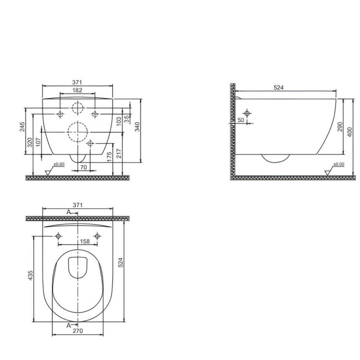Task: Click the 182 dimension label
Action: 77,90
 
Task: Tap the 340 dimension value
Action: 137,127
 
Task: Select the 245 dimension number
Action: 22,127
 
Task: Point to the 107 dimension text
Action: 38,142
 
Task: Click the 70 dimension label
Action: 83,167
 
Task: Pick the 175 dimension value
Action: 109,156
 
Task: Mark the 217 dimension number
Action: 119,153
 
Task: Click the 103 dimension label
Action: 119,121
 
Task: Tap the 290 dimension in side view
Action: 340,127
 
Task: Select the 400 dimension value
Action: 349,132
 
